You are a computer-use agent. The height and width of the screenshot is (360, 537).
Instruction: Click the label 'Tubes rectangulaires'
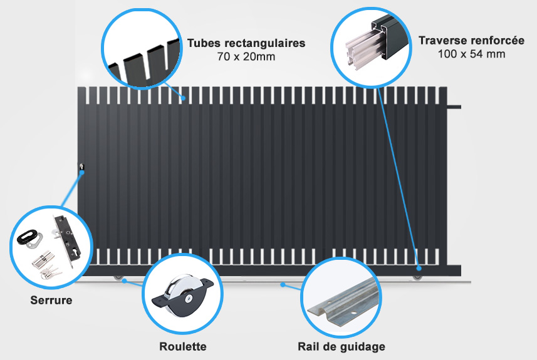[246, 43]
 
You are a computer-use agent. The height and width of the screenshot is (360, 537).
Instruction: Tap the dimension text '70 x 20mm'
[246, 56]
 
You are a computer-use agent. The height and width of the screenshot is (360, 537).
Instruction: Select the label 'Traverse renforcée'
[471, 40]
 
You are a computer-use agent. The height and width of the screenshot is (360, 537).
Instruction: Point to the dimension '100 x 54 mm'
[471, 54]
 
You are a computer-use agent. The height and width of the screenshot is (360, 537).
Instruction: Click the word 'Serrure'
[51, 300]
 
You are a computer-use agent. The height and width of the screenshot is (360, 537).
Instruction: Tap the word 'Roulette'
[183, 346]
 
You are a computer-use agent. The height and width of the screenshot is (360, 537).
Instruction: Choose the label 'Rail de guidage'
[341, 347]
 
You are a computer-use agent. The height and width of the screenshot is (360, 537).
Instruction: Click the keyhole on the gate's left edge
[81, 167]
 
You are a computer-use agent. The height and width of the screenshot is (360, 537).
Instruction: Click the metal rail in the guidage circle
[343, 302]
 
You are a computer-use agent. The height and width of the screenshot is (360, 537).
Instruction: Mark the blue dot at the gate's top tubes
[184, 98]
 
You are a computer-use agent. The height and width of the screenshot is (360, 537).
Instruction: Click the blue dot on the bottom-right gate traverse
[419, 269]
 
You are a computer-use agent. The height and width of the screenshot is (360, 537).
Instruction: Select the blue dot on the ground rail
[283, 284]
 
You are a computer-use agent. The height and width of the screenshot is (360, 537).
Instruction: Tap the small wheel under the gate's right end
[417, 277]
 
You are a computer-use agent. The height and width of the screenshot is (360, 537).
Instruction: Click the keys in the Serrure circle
[51, 270]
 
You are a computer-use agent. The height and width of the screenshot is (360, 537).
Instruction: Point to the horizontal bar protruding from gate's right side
[454, 107]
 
